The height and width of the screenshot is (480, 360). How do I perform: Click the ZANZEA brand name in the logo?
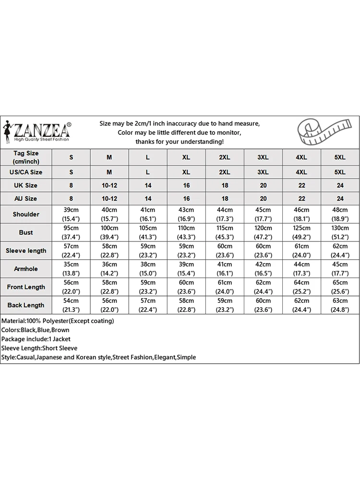(42, 130)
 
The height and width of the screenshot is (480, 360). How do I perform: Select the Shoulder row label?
(26, 214)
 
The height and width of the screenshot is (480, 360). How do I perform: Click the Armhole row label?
(26, 269)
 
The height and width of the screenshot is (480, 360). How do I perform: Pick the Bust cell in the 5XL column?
(340, 232)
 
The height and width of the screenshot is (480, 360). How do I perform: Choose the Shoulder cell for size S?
(71, 214)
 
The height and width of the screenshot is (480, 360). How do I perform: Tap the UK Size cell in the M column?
(109, 185)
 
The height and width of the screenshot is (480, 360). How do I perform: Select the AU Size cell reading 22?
(301, 198)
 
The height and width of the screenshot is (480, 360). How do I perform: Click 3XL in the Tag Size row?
(263, 157)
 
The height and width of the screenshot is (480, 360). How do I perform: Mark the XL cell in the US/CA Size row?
(186, 172)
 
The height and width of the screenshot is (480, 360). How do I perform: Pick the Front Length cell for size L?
(148, 287)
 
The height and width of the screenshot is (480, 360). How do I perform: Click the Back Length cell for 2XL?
(225, 305)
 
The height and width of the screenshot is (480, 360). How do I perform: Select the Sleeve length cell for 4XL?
(301, 251)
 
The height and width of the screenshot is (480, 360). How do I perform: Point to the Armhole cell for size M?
(109, 269)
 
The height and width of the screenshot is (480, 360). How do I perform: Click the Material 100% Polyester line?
(58, 321)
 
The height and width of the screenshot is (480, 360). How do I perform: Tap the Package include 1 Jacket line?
(36, 339)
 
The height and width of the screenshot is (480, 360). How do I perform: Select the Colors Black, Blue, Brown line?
(36, 330)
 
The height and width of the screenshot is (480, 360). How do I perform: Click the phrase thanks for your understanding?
(180, 142)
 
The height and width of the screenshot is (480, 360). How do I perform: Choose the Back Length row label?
(26, 305)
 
